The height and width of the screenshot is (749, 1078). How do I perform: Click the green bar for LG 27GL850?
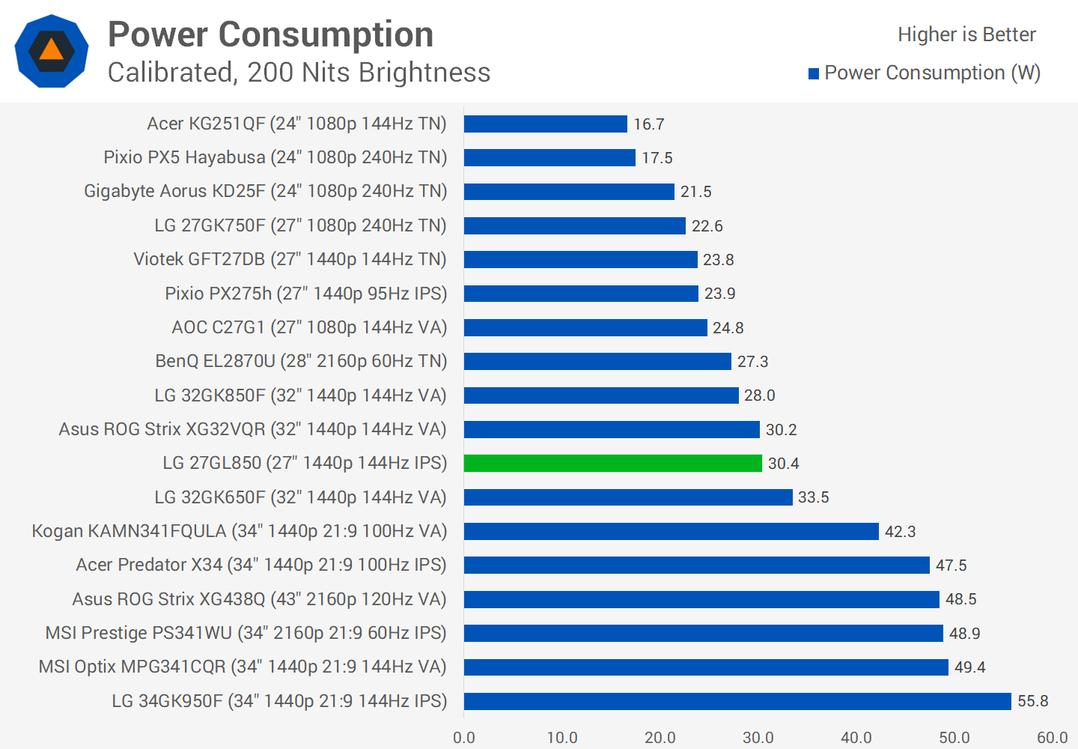(612, 464)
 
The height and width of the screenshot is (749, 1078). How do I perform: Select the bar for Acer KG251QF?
(545, 124)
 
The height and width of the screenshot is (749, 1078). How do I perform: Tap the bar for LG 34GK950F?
(737, 701)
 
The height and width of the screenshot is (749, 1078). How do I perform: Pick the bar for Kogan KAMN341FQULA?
(671, 532)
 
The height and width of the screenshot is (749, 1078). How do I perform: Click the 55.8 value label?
(1033, 701)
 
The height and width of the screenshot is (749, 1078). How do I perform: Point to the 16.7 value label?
(649, 124)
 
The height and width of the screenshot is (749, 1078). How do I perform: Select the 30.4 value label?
(784, 464)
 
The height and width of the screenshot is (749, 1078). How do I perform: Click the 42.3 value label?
(901, 532)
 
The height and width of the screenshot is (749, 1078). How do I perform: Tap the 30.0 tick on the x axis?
(758, 738)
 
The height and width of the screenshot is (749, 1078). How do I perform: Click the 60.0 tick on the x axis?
(1053, 738)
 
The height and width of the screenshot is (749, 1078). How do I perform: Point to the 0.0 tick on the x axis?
(464, 738)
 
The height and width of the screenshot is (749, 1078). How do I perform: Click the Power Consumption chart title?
(271, 34)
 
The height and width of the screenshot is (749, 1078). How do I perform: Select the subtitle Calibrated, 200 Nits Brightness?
(299, 73)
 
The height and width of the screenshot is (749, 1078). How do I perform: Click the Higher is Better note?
(966, 34)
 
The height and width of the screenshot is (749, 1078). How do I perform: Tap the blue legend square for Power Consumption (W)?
(814, 73)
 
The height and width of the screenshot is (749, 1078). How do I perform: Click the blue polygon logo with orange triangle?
(52, 51)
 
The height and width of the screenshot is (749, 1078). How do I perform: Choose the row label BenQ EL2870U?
(301, 361)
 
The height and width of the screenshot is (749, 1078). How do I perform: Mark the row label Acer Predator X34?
(261, 565)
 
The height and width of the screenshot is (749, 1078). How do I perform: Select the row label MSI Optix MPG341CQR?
(243, 667)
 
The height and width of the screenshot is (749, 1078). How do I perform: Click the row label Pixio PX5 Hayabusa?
(275, 157)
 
